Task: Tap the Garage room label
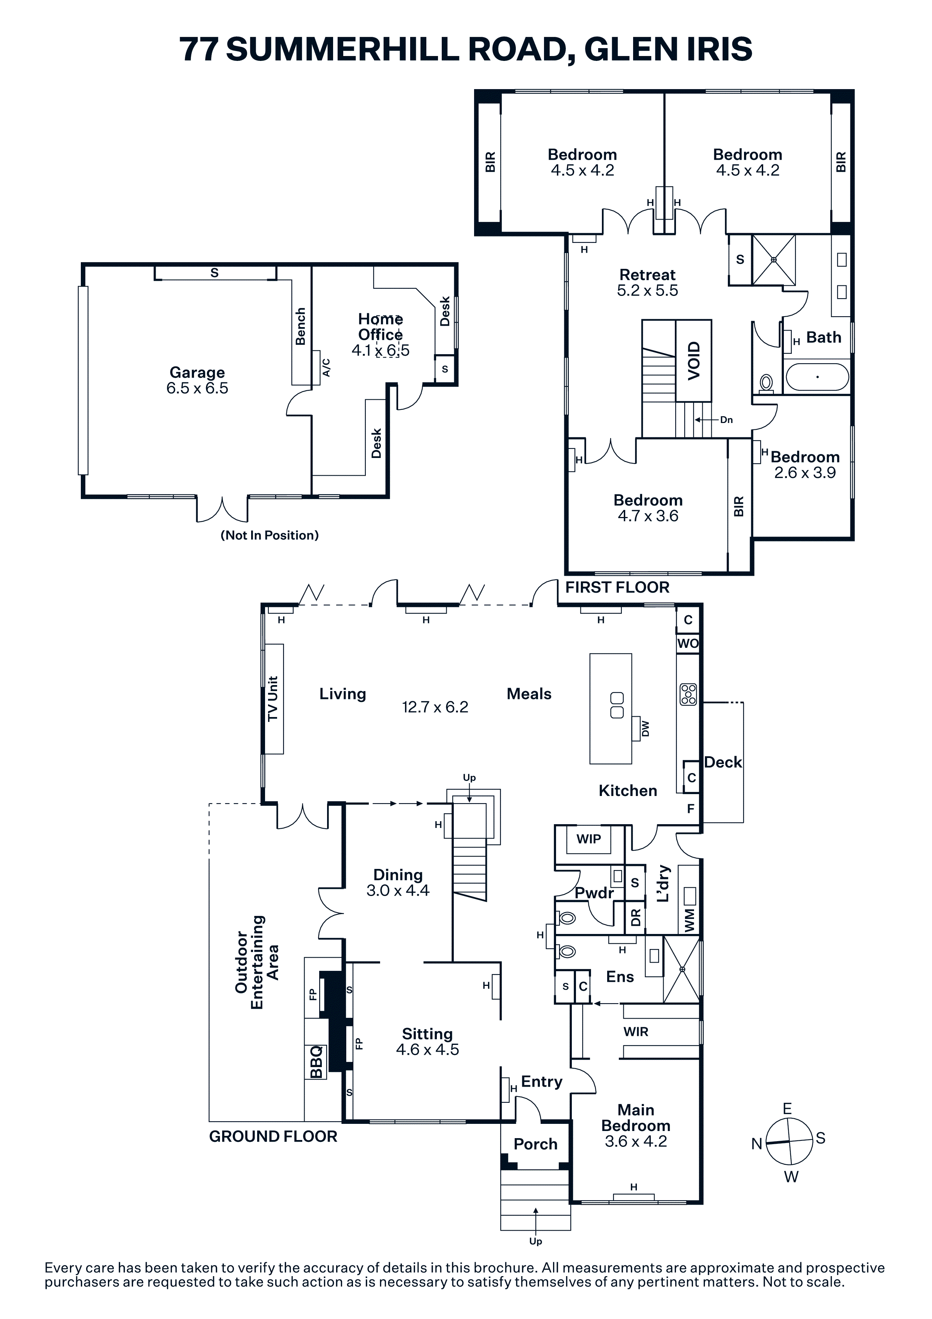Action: click(197, 372)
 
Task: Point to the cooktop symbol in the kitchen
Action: click(688, 694)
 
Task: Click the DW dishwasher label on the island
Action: click(646, 728)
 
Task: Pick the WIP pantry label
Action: click(589, 839)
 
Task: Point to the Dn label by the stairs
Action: click(726, 420)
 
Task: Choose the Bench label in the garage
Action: click(300, 326)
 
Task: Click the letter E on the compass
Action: click(787, 1109)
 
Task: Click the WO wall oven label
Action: click(688, 643)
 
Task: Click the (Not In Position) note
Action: click(269, 535)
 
